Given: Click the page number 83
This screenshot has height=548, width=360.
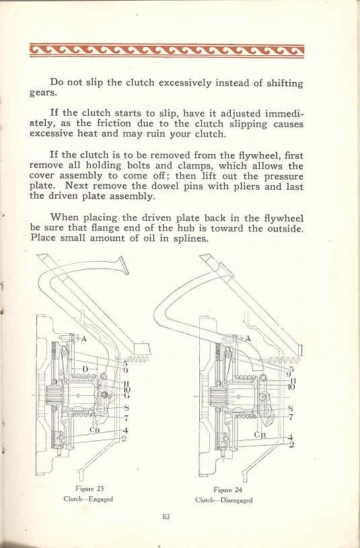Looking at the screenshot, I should click(x=166, y=516).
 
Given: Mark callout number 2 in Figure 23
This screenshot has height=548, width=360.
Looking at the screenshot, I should click(x=125, y=438).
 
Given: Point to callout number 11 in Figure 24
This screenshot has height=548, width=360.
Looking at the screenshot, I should click(x=291, y=380).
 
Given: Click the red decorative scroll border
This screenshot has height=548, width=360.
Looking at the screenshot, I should click(x=167, y=50).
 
